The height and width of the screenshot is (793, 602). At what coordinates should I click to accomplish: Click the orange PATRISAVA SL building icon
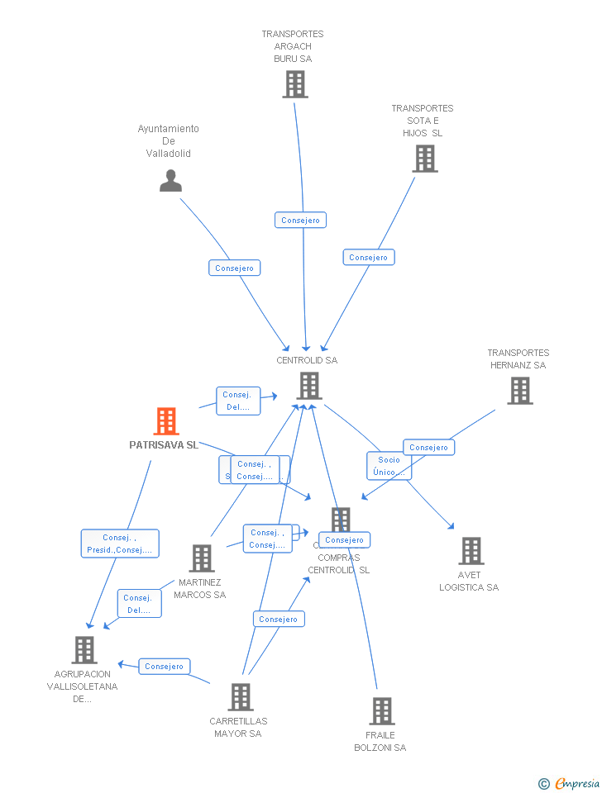[166, 421]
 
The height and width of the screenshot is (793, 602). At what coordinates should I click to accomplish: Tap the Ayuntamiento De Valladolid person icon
[170, 180]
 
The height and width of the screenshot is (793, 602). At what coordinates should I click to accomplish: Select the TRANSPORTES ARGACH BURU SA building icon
[294, 84]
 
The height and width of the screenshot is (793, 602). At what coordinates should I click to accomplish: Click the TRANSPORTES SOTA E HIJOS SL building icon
[424, 159]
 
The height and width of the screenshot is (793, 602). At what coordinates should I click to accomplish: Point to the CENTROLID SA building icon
[308, 386]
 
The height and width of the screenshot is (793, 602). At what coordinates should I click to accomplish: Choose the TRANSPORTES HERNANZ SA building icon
[519, 391]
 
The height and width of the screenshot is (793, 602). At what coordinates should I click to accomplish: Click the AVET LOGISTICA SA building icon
[471, 551]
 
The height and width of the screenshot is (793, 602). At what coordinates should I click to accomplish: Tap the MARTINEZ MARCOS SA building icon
[202, 558]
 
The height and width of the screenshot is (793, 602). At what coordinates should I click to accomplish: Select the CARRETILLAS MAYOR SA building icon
[240, 697]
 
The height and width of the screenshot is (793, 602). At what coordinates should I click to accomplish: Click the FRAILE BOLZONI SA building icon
[381, 711]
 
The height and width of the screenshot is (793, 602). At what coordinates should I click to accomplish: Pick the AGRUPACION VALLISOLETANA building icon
[84, 650]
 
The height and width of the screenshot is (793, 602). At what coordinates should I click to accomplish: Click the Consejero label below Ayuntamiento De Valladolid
[234, 268]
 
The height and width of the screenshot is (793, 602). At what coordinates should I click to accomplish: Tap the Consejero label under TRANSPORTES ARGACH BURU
[300, 220]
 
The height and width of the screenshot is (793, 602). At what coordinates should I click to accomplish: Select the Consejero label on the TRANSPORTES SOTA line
[369, 257]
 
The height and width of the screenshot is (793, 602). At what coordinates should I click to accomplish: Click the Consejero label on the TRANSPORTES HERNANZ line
[428, 447]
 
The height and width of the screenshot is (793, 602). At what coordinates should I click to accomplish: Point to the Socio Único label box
[389, 466]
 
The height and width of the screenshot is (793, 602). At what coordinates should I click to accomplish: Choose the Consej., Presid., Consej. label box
[120, 544]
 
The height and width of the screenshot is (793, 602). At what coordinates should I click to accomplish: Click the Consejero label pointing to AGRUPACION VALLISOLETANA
[165, 666]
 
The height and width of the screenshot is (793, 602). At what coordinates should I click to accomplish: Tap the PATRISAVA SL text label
[164, 444]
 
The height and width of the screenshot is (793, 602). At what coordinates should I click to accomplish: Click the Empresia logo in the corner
[571, 783]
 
